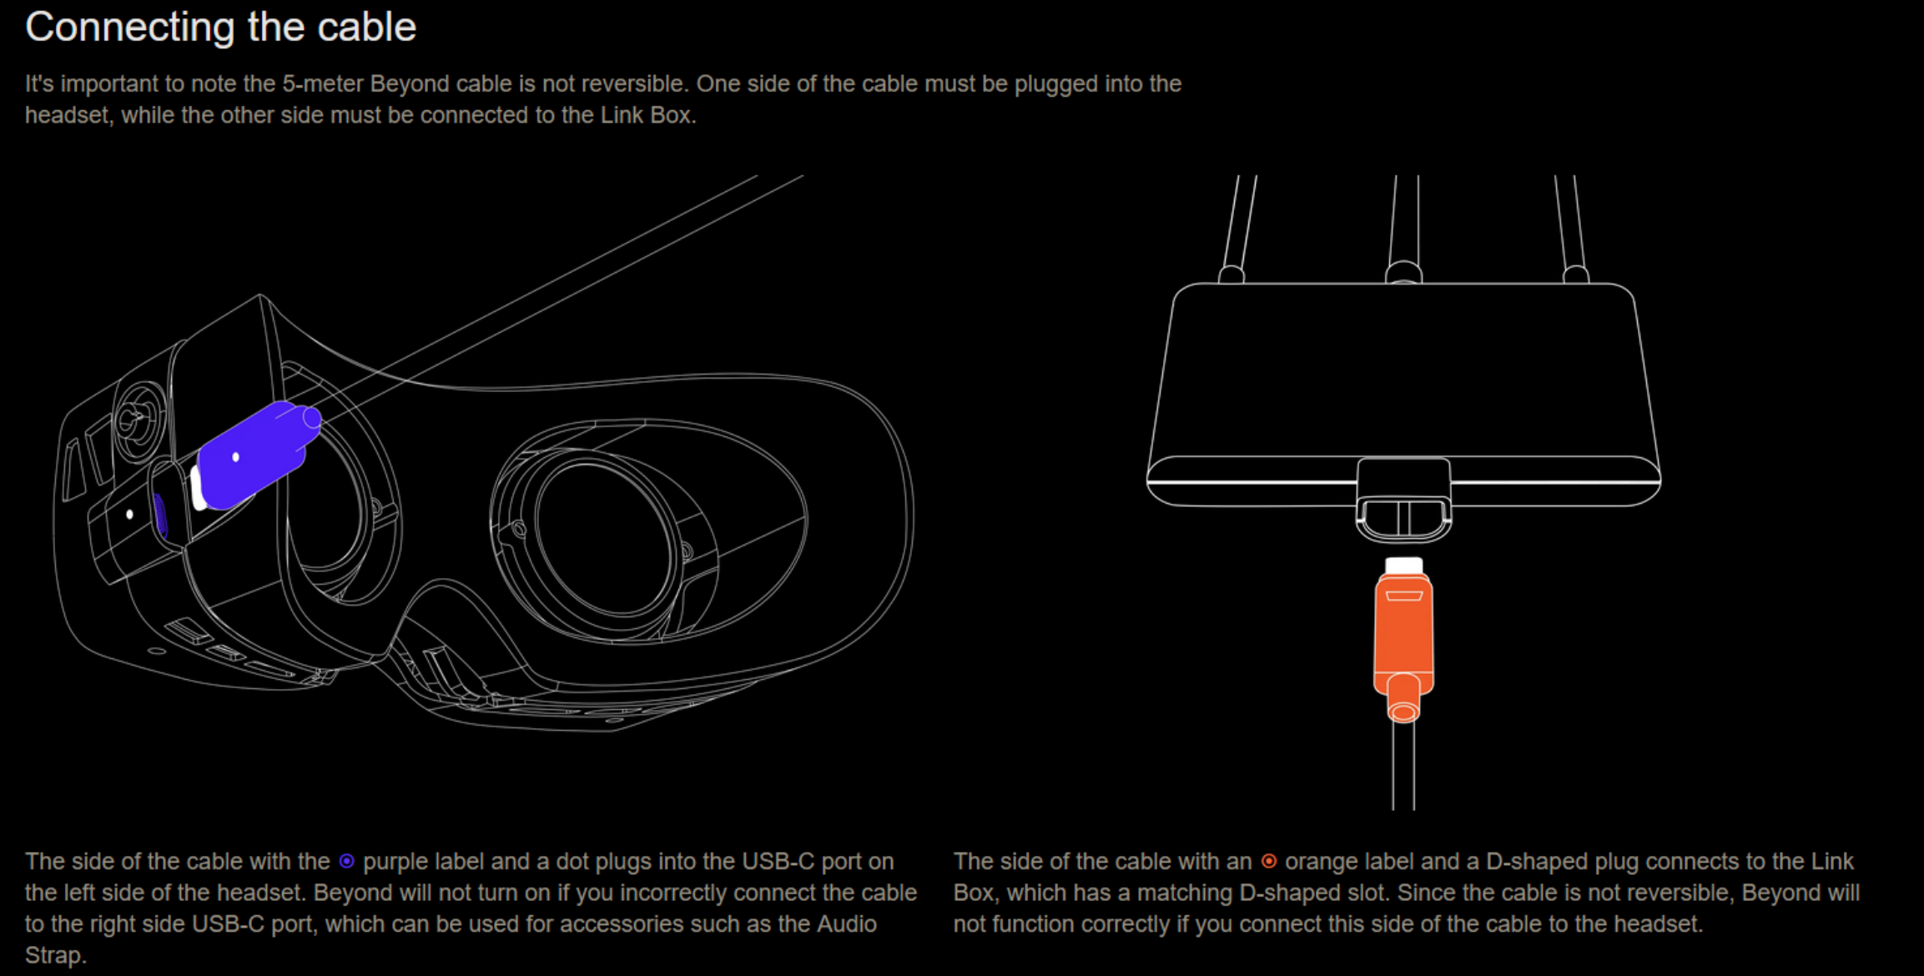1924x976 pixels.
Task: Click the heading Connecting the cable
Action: (220, 28)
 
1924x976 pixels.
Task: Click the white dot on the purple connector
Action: (236, 457)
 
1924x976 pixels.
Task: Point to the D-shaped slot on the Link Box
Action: (1403, 517)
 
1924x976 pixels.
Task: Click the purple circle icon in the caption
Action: (346, 861)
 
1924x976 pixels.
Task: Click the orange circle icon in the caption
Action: (1268, 861)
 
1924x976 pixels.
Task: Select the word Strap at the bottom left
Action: (55, 956)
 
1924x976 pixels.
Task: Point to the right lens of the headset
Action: (605, 534)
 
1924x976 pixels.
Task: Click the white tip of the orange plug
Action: (1403, 566)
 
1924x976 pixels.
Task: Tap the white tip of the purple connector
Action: (197, 489)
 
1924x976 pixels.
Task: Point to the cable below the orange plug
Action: (1403, 766)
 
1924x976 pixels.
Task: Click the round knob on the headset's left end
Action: (139, 420)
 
